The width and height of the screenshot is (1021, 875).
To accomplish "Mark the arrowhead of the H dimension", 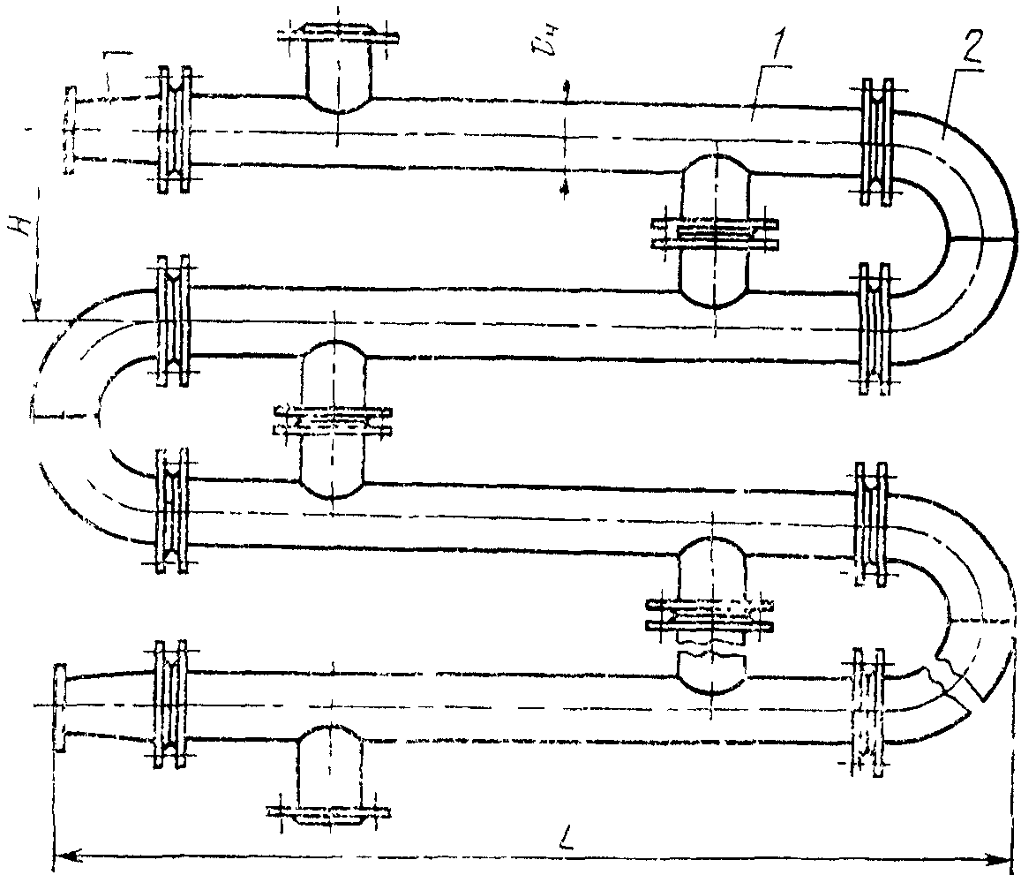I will pyautogui.click(x=35, y=310).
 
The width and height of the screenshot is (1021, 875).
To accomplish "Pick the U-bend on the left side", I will pyautogui.click(x=71, y=415).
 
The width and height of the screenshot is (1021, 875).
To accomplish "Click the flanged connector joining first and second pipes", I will pyautogui.click(x=714, y=231).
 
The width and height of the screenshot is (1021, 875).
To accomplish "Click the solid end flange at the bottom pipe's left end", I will pyautogui.click(x=60, y=707).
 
